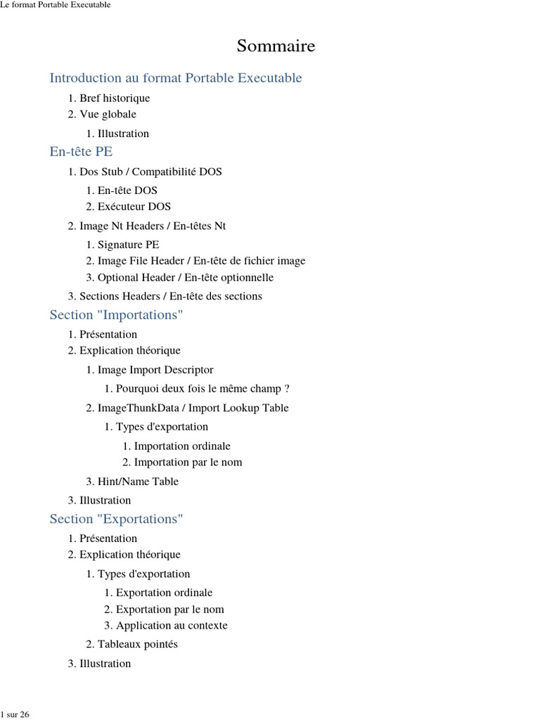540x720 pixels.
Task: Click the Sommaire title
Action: point(276,46)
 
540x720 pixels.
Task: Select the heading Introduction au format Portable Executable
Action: point(176,78)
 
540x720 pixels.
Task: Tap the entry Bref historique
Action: point(114,98)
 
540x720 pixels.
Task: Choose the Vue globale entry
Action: point(108,114)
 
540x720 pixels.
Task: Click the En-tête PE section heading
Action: point(81,152)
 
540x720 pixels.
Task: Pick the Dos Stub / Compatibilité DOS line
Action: point(150,172)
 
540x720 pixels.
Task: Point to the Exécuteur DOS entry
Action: point(134,207)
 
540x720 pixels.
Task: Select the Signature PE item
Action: point(128,245)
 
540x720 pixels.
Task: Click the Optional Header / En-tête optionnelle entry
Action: point(186,278)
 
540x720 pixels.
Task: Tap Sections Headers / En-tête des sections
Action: point(170,297)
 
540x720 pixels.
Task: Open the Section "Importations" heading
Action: point(116,315)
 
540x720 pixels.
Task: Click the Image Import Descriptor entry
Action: point(155,370)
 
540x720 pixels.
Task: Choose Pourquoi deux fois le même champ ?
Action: point(202,389)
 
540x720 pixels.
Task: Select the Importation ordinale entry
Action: point(182,446)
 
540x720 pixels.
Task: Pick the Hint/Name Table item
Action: point(138,482)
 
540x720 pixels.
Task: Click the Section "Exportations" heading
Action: point(116,519)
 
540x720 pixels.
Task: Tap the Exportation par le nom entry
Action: point(169,610)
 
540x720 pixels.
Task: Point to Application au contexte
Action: point(172,626)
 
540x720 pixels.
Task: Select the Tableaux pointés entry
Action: point(137,645)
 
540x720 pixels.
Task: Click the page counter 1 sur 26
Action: point(15,714)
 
